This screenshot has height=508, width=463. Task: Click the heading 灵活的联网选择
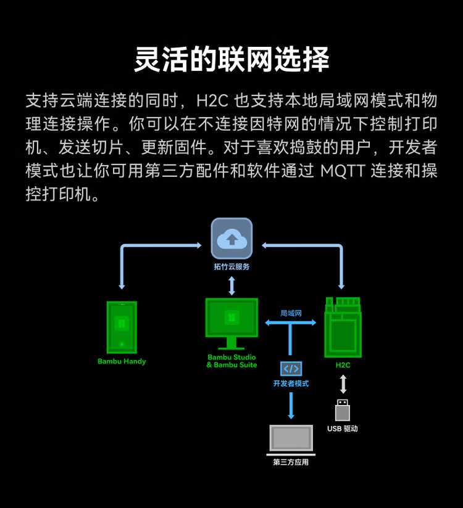coord(231,60)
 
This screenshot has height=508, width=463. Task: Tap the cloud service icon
coord(231,239)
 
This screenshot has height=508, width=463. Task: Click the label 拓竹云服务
coord(231,267)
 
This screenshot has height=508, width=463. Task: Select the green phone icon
coord(122,327)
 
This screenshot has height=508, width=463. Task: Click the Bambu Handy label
coord(122,361)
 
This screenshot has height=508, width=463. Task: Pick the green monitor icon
coord(231,322)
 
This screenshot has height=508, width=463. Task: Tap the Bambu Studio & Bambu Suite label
coord(231,361)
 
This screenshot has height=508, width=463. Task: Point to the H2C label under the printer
coord(343,365)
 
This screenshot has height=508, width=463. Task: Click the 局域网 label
coord(291,313)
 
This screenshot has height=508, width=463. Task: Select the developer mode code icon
coord(291,369)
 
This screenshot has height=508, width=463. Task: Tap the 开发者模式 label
coord(291,383)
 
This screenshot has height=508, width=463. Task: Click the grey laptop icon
coord(291,439)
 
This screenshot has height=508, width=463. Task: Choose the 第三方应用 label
coord(291,462)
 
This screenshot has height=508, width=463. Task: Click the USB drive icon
coord(343,411)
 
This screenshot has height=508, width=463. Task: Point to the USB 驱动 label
coord(343,428)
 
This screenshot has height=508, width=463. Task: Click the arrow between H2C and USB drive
coord(343,383)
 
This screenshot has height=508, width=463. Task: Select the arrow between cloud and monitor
coord(231,285)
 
